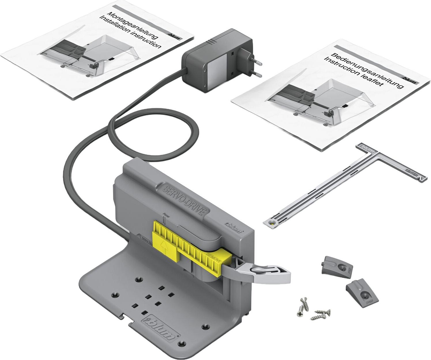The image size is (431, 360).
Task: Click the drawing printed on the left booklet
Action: pyautogui.click(x=86, y=55)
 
